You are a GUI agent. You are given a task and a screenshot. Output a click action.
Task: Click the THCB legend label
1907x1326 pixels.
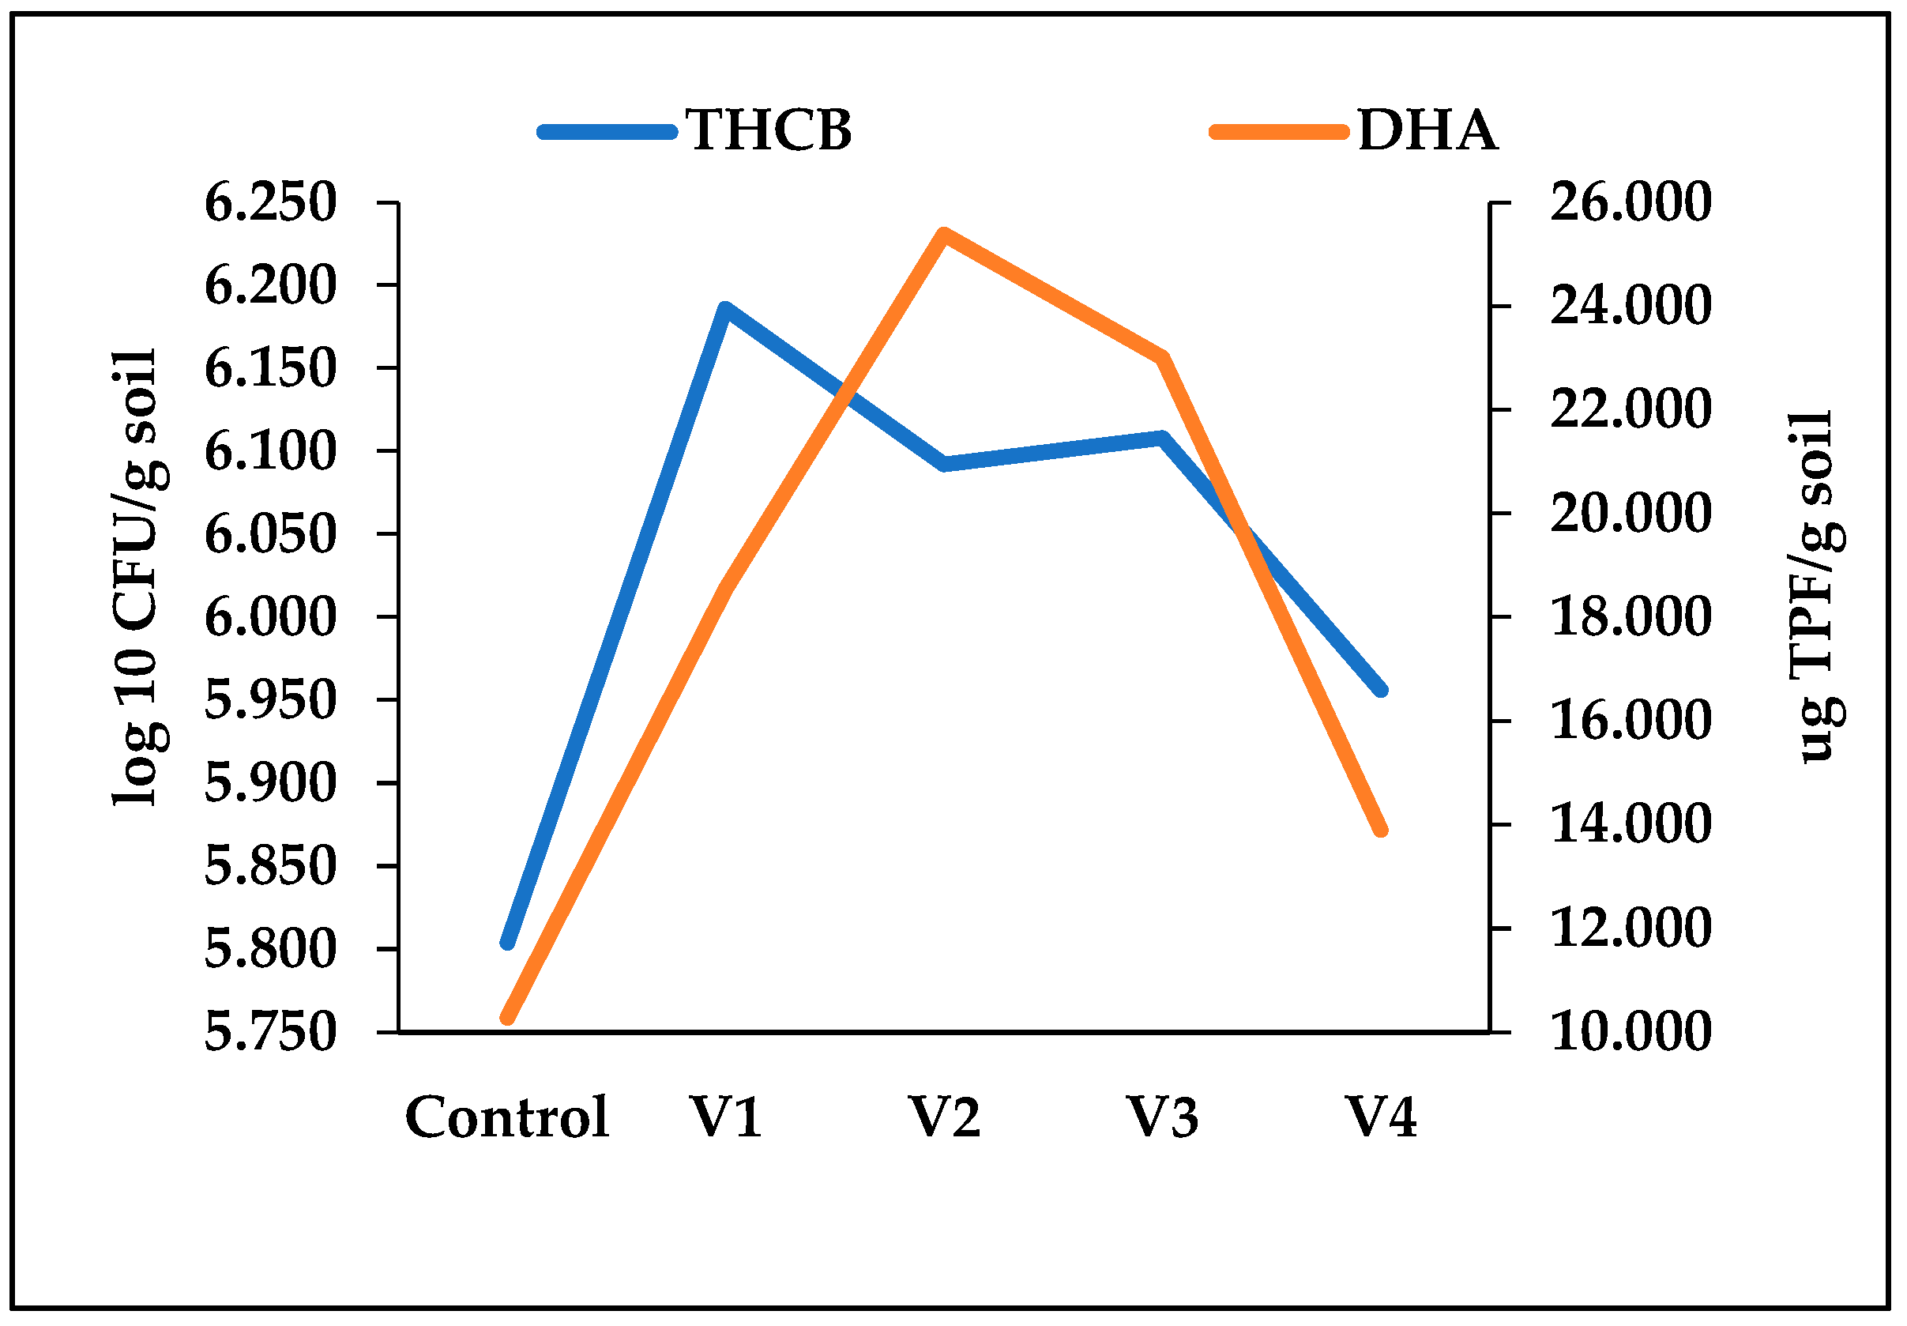tap(769, 130)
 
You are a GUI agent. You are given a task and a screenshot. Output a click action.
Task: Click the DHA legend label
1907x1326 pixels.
tap(1427, 130)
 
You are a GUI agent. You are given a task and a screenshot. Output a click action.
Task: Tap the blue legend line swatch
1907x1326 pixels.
tap(607, 132)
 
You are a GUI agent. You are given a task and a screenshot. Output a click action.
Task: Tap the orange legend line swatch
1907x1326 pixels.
tap(1278, 132)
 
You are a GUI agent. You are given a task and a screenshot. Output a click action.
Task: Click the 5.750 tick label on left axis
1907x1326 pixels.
tap(271, 1033)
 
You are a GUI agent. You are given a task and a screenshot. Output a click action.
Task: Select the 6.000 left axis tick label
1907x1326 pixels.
tap(271, 617)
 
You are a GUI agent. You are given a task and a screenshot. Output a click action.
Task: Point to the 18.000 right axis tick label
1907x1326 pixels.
tap(1630, 616)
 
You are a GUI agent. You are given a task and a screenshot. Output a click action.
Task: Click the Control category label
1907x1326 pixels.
tap(506, 1117)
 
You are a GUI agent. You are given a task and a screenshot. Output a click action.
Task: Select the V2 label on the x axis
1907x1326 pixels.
tap(943, 1117)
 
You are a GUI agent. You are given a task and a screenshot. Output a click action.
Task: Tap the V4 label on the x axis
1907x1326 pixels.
tap(1380, 1117)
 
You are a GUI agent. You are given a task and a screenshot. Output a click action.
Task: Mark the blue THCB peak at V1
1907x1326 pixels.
tap(726, 309)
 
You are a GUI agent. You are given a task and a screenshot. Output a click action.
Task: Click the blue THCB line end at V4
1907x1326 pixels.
tap(1381, 690)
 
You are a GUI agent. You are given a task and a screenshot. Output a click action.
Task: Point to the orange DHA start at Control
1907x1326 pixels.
tap(508, 1018)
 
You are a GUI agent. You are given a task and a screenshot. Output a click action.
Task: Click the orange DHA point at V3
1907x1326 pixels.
tap(1163, 358)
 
